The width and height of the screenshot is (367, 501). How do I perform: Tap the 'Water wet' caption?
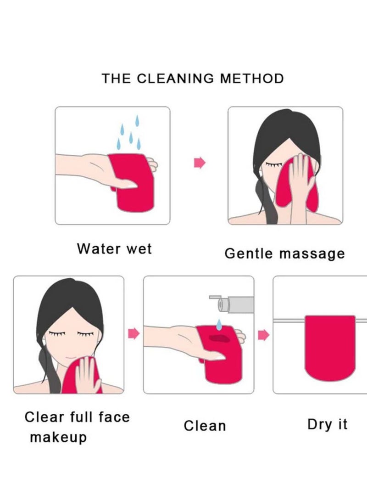114,249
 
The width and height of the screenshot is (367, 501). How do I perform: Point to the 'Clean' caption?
205,426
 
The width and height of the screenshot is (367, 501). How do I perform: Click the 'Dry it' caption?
327,424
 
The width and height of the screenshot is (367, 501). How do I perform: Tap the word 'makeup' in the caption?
58,438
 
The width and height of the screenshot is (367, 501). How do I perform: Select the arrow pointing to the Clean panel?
133,333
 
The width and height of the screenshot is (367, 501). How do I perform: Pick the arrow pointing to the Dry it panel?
263,336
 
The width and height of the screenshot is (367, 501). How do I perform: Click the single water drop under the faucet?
219,323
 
